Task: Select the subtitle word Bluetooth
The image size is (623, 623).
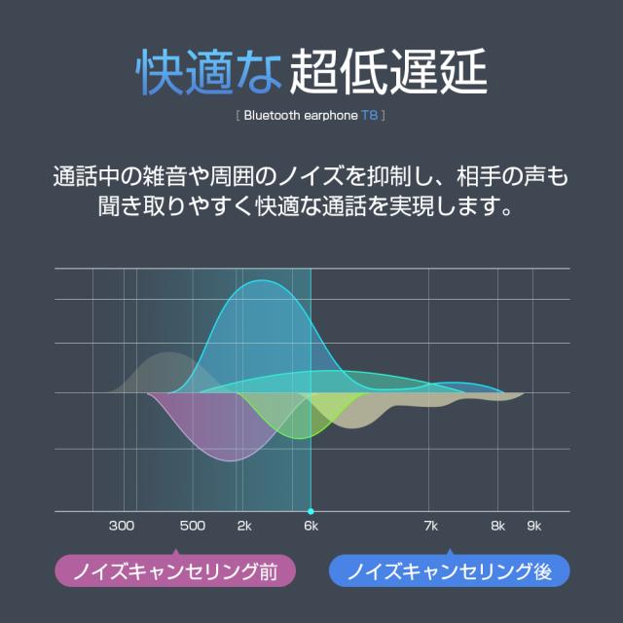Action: [x=274, y=116]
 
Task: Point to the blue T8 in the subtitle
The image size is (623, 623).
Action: [x=372, y=116]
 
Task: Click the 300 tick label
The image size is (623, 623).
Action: [x=121, y=527]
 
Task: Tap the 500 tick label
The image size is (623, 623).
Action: [x=193, y=527]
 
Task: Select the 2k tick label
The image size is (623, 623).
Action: [x=244, y=527]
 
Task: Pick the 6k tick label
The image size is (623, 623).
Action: [x=311, y=527]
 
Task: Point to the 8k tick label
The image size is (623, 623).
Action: [x=498, y=527]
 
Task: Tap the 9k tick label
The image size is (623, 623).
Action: [x=533, y=527]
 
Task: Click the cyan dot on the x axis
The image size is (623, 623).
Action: [x=311, y=511]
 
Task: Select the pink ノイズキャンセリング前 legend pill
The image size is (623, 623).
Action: [x=174, y=570]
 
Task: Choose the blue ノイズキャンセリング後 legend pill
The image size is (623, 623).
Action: [x=449, y=570]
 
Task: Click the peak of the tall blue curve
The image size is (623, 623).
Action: [x=263, y=281]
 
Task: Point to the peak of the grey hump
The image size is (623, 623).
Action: [x=167, y=354]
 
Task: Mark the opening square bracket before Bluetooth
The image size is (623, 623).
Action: [x=238, y=116]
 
